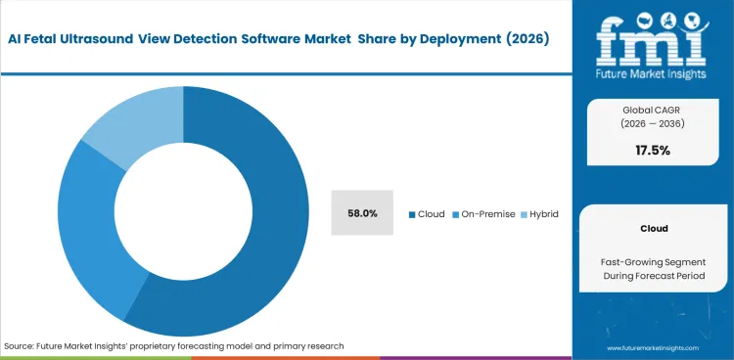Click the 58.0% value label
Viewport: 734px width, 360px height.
[362, 213]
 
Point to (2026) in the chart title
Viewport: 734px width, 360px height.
[526, 39]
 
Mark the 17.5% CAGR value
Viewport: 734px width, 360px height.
[652, 150]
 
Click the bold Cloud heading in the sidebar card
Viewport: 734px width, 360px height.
[652, 228]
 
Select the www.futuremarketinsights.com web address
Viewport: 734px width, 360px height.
[652, 347]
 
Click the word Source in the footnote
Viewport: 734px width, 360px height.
[20, 346]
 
